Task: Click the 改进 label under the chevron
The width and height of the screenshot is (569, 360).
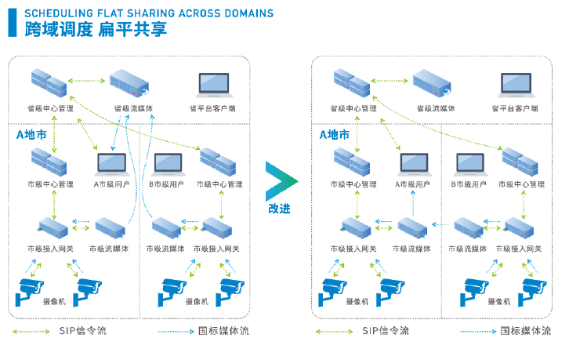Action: (280, 209)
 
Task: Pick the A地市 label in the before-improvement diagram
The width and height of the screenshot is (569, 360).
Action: (32, 134)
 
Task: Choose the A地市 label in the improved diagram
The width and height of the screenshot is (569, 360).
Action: (335, 134)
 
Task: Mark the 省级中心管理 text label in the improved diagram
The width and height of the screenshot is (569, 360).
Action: (353, 109)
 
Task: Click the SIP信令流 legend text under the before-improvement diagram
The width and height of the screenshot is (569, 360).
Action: (82, 331)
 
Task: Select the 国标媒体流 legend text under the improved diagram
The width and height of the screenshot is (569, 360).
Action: (527, 331)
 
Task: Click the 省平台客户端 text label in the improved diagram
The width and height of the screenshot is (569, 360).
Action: (515, 109)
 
